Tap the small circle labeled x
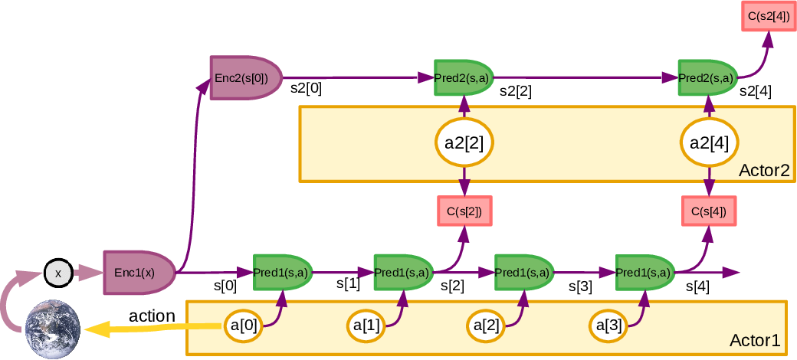[57, 272]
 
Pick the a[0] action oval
[244, 326]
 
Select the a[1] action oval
[366, 326]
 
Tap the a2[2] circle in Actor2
[464, 142]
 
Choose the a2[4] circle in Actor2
[709, 142]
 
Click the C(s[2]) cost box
[464, 211]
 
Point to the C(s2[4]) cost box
[767, 17]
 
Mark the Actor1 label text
[754, 341]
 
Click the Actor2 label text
[763, 170]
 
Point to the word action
[152, 315]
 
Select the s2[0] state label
[306, 88]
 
